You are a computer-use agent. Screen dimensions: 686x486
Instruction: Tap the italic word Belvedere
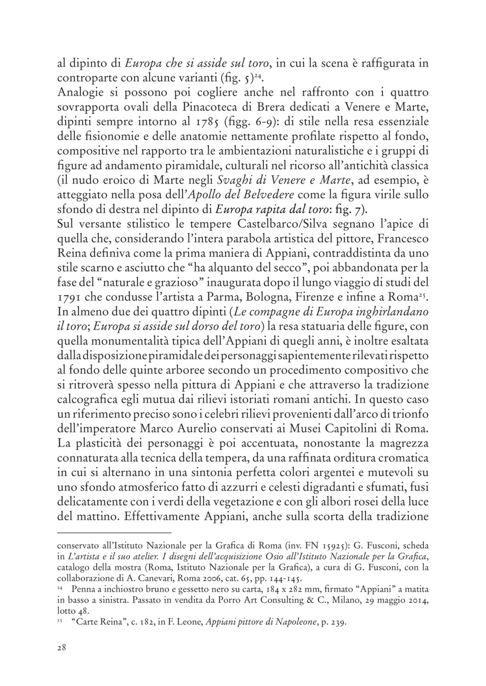[268, 195]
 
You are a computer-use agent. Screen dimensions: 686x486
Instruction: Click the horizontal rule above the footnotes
[114, 533]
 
